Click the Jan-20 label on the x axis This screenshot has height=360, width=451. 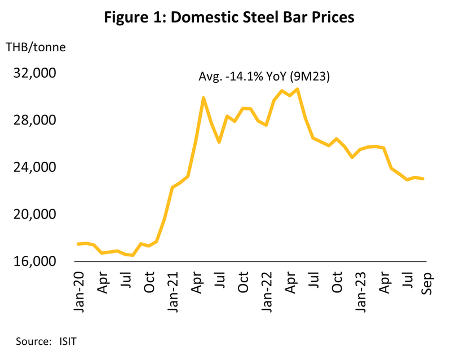click(x=78, y=287)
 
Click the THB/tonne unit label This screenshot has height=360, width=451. click(x=36, y=47)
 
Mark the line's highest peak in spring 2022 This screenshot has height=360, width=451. click(x=297, y=89)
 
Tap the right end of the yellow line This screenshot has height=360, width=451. click(x=423, y=179)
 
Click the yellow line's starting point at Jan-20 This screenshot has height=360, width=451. click(x=78, y=244)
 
